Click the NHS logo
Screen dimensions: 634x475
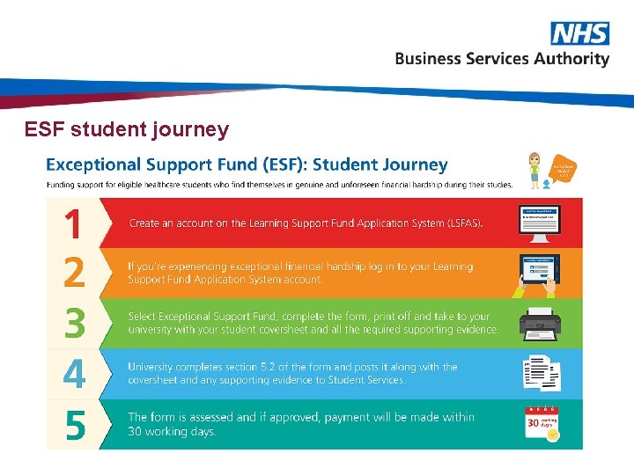coord(579,33)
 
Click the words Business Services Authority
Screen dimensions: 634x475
coord(502,59)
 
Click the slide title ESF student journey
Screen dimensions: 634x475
coord(127,130)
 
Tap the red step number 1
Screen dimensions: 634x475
coord(74,223)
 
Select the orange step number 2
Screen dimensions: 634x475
coord(74,273)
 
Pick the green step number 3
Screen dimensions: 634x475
coord(74,323)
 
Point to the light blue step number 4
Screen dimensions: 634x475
coord(74,374)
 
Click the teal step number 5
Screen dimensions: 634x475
coord(74,426)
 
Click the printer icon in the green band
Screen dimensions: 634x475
coord(540,325)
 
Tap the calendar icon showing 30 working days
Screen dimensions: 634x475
coord(541,424)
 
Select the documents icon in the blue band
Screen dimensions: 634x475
coord(541,374)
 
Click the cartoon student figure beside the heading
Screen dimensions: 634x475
coord(534,170)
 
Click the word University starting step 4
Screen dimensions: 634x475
coord(150,367)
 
